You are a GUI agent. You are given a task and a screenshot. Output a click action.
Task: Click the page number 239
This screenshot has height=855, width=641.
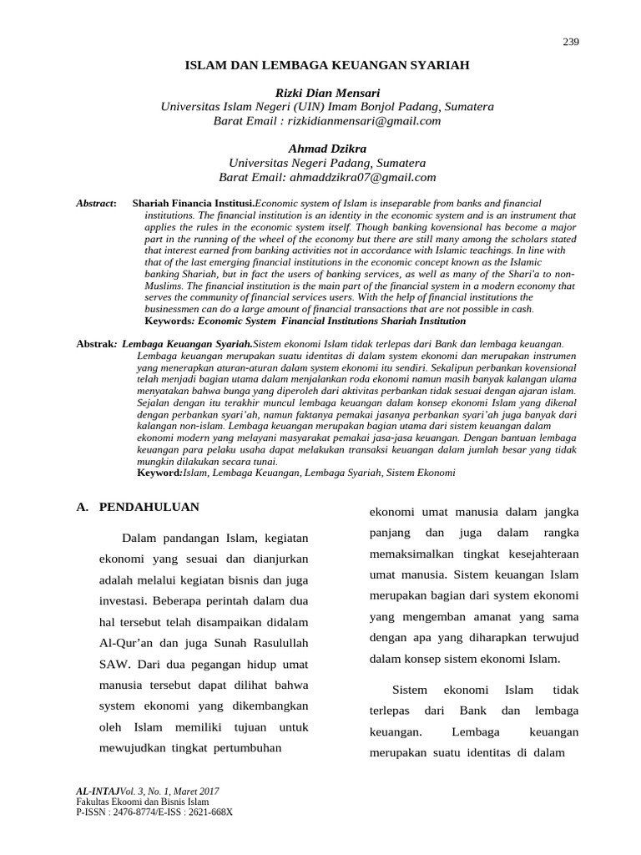(x=571, y=43)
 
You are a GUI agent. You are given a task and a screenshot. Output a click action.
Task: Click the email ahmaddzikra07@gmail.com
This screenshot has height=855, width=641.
(x=361, y=177)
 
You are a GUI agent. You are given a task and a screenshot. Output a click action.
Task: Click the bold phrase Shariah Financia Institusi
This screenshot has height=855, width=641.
(x=193, y=204)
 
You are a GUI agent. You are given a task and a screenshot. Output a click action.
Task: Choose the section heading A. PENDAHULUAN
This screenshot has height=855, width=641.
(x=138, y=507)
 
